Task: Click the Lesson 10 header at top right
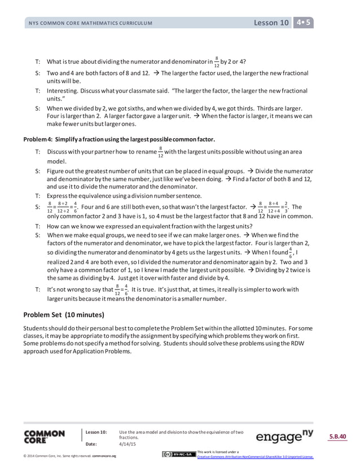click(x=271, y=23)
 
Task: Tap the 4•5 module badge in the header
click(x=304, y=23)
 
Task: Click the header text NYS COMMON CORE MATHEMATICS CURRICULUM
click(x=90, y=24)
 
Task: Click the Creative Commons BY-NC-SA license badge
click(x=178, y=455)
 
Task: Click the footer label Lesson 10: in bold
click(x=95, y=432)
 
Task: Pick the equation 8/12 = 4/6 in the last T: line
click(x=121, y=291)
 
